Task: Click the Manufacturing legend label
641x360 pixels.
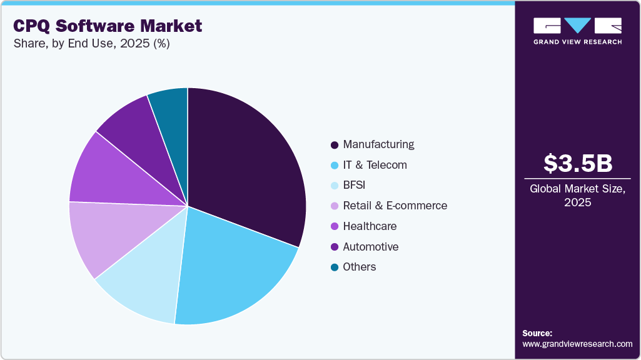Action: [378, 144]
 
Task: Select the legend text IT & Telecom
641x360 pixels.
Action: [375, 165]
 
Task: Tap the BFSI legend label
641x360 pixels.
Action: [355, 185]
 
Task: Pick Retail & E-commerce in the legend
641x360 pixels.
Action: [395, 206]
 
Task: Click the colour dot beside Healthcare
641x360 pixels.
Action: [335, 226]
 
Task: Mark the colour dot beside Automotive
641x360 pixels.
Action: [335, 247]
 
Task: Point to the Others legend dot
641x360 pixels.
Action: [335, 267]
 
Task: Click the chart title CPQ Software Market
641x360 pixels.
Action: [107, 26]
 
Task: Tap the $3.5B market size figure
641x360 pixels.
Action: [577, 163]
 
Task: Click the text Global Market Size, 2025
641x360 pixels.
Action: [577, 195]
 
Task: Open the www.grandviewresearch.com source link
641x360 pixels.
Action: [577, 344]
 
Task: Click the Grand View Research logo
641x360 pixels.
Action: [577, 31]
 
